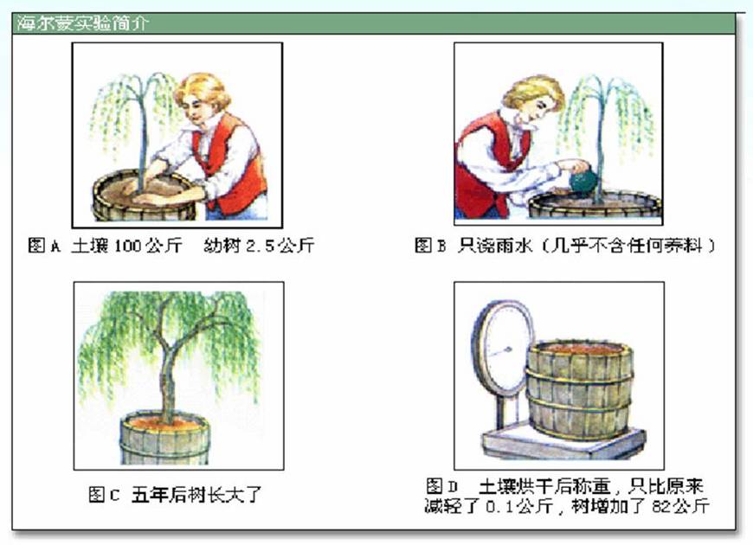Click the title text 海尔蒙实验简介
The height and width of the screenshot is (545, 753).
[82, 23]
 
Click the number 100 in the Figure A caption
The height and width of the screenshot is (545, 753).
[128, 246]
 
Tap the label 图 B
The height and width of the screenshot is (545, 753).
[430, 246]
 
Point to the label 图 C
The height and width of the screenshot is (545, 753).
[104, 495]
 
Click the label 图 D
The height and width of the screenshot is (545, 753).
[441, 486]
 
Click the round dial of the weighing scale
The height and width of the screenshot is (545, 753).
[503, 348]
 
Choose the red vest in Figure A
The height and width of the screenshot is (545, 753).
[231, 163]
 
